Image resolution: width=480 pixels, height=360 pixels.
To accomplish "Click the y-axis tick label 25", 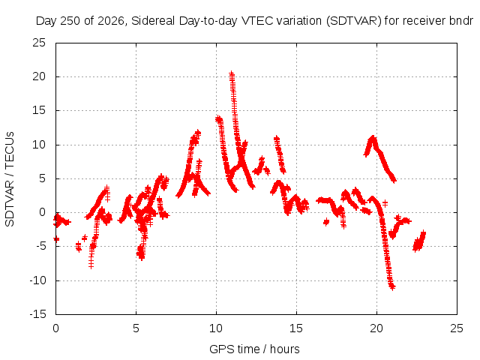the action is [x=39, y=43].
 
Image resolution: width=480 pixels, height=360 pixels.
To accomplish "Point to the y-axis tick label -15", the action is [x=37, y=314].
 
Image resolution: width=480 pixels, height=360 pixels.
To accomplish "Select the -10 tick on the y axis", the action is [x=37, y=280].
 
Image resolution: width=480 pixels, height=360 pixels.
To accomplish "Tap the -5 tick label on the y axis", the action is [x=40, y=246].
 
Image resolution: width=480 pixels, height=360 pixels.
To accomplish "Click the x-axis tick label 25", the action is [x=457, y=328].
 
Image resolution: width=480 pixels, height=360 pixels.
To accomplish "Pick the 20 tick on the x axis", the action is [x=376, y=328].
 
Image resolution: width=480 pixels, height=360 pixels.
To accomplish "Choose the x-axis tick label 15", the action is [x=296, y=328].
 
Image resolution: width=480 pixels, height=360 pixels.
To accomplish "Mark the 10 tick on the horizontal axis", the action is [x=216, y=328].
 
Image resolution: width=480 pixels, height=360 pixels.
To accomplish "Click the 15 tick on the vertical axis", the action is [x=39, y=110].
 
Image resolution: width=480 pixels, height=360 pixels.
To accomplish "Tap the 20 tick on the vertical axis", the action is [x=39, y=76].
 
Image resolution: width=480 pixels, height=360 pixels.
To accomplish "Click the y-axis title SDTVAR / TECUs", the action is [x=10, y=179].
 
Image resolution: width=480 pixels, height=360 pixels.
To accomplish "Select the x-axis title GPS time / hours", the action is [x=254, y=349].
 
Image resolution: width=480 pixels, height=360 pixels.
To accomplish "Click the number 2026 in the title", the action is [x=111, y=21].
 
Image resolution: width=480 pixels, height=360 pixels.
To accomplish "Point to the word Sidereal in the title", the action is [x=153, y=21].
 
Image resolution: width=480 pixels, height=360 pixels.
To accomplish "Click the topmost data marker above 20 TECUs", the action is [x=232, y=73].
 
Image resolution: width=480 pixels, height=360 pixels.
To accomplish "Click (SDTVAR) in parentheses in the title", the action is [x=353, y=21].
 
